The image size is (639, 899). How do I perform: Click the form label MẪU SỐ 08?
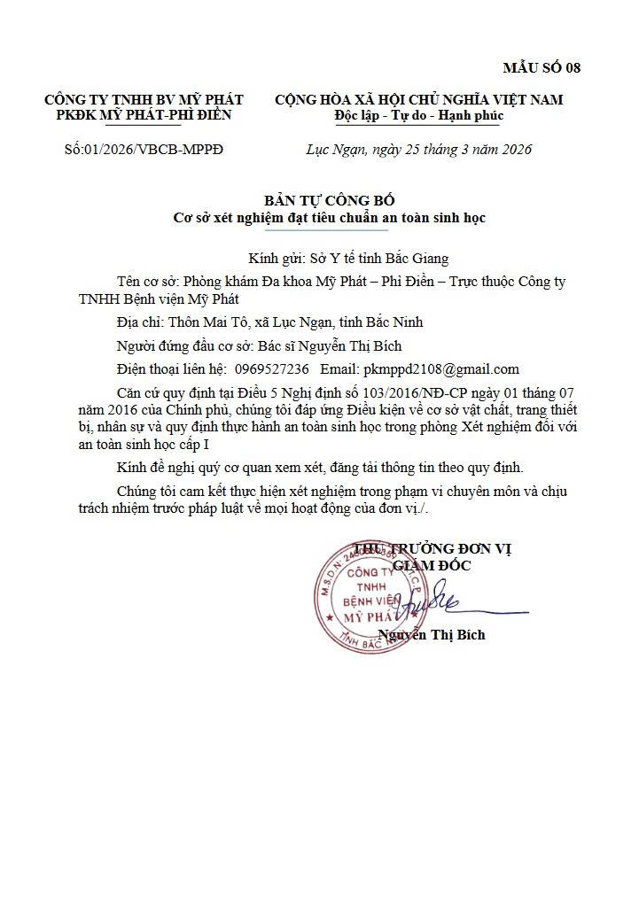[542, 67]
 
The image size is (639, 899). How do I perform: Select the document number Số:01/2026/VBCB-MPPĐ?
[144, 149]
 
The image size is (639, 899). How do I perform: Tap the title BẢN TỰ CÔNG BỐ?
[329, 201]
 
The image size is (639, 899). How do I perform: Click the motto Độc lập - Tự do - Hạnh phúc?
[418, 115]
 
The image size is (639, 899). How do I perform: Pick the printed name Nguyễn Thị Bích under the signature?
[432, 634]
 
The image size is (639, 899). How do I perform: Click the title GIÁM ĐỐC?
[432, 565]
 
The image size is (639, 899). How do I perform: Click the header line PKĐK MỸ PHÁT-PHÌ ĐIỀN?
[144, 115]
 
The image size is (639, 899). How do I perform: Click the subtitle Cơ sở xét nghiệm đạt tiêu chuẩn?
[329, 217]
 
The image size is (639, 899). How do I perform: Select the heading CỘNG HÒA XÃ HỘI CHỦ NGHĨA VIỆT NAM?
[418, 99]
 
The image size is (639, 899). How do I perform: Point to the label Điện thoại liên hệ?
[170, 368]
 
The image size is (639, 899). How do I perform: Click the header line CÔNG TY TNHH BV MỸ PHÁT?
[144, 99]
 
